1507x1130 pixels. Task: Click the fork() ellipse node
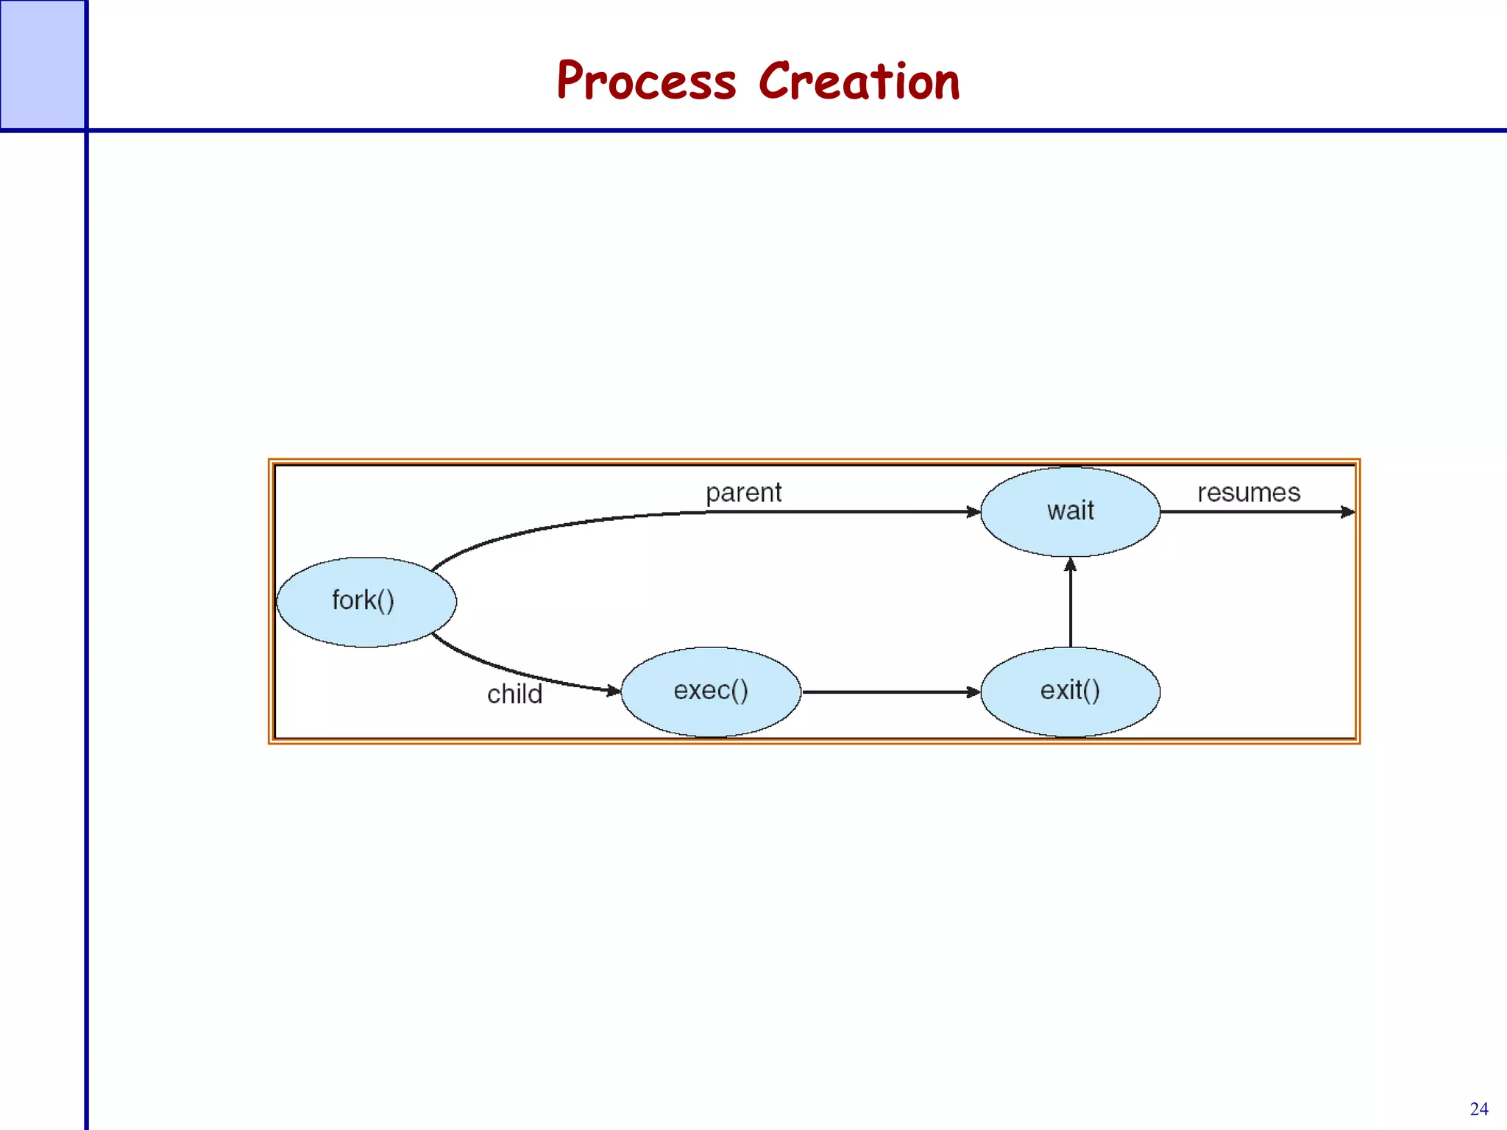(x=366, y=603)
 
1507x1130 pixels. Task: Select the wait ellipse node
(x=1070, y=511)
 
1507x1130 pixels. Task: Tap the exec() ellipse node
(x=711, y=692)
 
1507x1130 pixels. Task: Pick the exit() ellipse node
(x=1070, y=692)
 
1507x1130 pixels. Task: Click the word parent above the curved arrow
(x=743, y=492)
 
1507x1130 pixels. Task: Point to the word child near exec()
(x=514, y=694)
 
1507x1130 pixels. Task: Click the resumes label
(x=1249, y=492)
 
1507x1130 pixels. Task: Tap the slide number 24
(x=1478, y=1109)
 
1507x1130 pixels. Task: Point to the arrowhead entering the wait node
(x=973, y=511)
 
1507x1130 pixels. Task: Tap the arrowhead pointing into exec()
(x=613, y=690)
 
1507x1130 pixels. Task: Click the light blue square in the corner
(x=42, y=64)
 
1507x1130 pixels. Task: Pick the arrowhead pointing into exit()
(x=973, y=692)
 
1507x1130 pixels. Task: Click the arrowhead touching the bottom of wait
(x=1070, y=564)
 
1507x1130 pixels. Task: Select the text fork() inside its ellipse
(x=363, y=600)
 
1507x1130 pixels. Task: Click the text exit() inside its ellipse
(x=1070, y=690)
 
